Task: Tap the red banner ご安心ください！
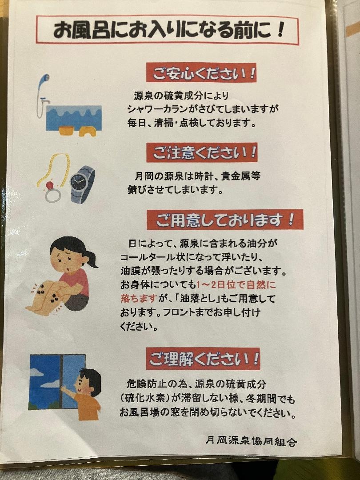click(x=201, y=72)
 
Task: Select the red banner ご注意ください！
click(x=202, y=152)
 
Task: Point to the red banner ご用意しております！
click(x=225, y=220)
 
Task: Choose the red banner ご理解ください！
click(x=203, y=359)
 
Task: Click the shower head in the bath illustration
click(x=45, y=78)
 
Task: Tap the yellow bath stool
click(x=87, y=131)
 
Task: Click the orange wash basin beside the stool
click(x=67, y=130)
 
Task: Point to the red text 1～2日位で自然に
click(x=236, y=285)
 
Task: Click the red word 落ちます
click(x=139, y=299)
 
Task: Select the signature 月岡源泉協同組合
click(x=251, y=441)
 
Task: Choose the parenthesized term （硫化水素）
click(x=145, y=398)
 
